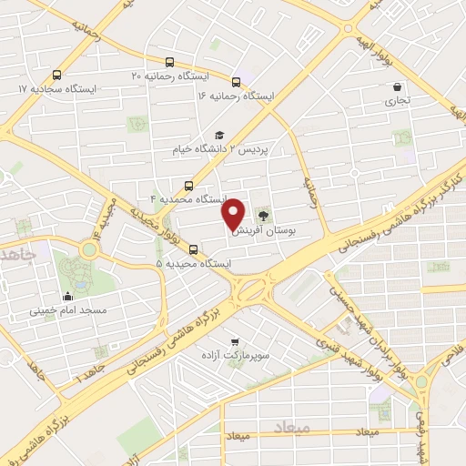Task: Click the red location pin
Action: pos(235,213)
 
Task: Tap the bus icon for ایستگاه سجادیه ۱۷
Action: pos(57,76)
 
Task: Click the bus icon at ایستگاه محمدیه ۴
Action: pos(188,183)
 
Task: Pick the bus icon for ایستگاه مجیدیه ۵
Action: pos(192,249)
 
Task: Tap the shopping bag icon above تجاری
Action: pos(398,87)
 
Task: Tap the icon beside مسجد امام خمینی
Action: pos(68,296)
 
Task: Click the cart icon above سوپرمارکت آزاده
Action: pos(237,319)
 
